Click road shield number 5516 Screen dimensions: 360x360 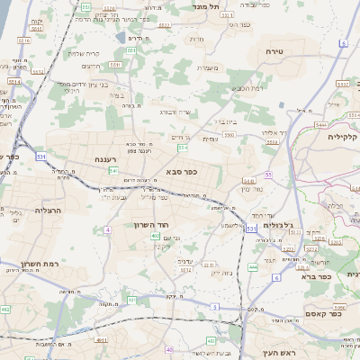tap(23, 40)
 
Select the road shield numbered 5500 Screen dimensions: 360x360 tap(229, 134)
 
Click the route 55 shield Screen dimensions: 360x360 tap(268, 175)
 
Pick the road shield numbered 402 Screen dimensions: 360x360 tap(156, 236)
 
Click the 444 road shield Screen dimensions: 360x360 tap(253, 266)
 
